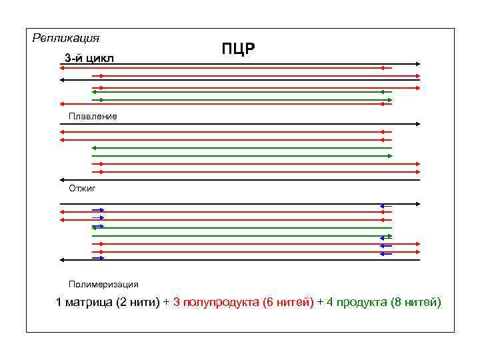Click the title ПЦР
[x=239, y=49]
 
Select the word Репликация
[x=65, y=37]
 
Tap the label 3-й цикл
[x=89, y=59]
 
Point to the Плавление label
[x=92, y=116]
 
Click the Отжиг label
[x=82, y=189]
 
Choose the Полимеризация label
[x=103, y=284]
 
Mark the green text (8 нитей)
[x=415, y=303]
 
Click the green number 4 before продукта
[x=330, y=303]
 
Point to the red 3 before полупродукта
[x=176, y=303]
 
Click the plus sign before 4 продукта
[x=320, y=303]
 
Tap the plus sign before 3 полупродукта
[x=166, y=303]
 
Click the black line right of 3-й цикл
[x=267, y=64]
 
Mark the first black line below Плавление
[x=240, y=124]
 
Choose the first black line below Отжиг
[x=240, y=203]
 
